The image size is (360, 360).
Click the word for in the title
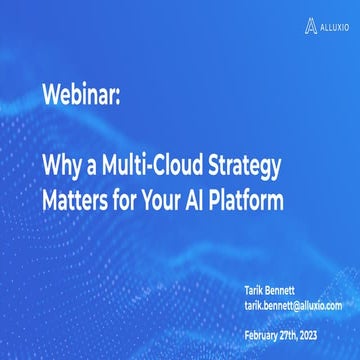[x=138, y=199]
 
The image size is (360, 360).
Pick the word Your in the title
[x=181, y=199]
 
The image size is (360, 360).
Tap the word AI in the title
[x=221, y=199]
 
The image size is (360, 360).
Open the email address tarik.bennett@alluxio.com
[x=294, y=304]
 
